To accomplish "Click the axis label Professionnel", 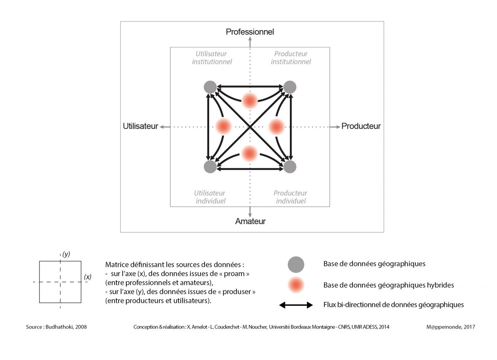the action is tap(250, 32).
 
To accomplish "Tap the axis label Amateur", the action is tap(250, 221).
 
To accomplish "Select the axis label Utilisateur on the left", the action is tap(140, 126).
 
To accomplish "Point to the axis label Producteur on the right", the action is tap(361, 126).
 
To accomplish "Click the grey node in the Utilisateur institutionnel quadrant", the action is tap(210, 87).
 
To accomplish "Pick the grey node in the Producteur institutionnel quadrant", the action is tap(290, 87).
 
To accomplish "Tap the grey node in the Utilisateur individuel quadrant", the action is tap(210, 167).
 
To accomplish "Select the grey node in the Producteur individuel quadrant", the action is tap(290, 167).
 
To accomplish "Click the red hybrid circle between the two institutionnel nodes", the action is tap(250, 101).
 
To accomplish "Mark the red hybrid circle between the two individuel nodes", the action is tap(250, 153).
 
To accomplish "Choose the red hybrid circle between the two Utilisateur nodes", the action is tap(223, 126).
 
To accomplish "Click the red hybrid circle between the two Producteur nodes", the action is tap(277, 126).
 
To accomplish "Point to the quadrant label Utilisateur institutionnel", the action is tap(212, 58).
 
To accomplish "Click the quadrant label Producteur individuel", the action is tap(290, 197).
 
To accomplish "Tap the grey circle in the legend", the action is tap(296, 265).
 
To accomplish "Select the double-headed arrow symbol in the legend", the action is tap(296, 305).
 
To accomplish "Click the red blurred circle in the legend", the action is tap(296, 285).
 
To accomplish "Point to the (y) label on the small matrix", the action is tap(66, 254).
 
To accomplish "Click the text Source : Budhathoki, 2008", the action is tap(56, 327).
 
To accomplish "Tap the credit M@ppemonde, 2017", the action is tap(451, 327).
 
